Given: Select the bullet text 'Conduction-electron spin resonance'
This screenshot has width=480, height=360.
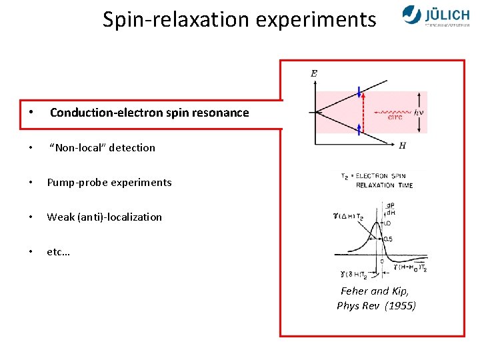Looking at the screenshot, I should click(x=149, y=113).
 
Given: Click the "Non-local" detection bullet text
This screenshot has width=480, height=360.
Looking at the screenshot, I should click(x=103, y=148).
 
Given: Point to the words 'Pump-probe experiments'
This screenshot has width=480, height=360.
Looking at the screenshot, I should click(x=109, y=183).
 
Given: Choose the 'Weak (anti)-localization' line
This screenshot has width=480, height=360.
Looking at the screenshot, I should click(x=104, y=217).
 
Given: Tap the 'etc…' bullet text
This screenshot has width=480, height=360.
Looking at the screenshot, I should click(x=59, y=252).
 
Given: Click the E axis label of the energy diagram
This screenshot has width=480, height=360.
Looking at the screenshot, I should click(x=313, y=73).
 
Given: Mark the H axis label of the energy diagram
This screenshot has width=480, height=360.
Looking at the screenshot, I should click(x=402, y=145).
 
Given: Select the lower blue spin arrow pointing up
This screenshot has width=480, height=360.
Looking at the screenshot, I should click(x=359, y=129).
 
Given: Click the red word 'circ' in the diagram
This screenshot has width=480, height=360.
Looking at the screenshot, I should click(x=395, y=118).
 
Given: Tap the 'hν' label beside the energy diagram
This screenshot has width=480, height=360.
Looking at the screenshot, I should click(x=419, y=112).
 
